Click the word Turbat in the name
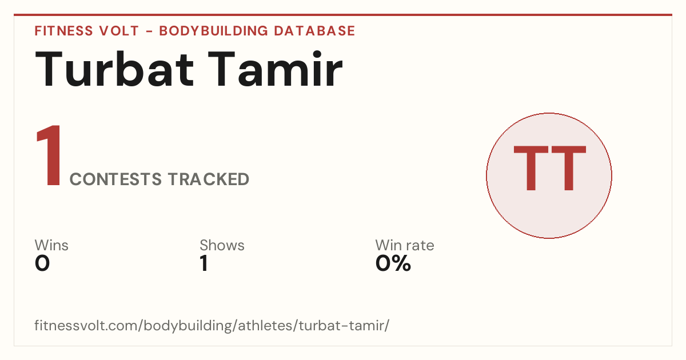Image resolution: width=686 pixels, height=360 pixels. [x=114, y=69]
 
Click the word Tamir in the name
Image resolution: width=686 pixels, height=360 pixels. [x=275, y=69]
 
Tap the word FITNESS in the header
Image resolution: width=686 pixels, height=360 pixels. [x=63, y=31]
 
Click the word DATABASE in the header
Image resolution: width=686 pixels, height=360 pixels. [x=314, y=31]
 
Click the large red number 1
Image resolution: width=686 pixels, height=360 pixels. [x=49, y=155]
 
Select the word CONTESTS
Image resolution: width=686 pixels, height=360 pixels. [x=115, y=179]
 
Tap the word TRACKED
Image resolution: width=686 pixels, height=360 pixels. [x=209, y=179]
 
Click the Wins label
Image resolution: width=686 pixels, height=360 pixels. [x=51, y=245]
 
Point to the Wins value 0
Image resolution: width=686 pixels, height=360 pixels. [x=42, y=263]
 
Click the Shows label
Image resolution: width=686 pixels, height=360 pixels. [x=222, y=245]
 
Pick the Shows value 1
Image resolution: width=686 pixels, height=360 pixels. [x=204, y=263]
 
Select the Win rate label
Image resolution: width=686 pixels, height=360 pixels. [x=405, y=245]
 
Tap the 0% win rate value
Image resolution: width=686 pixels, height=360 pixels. [x=393, y=263]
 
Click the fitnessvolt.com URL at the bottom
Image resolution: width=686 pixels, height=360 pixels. [x=212, y=325]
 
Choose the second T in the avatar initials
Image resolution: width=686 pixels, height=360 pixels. [x=569, y=168]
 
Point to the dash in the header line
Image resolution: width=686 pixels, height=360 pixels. [x=149, y=31]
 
